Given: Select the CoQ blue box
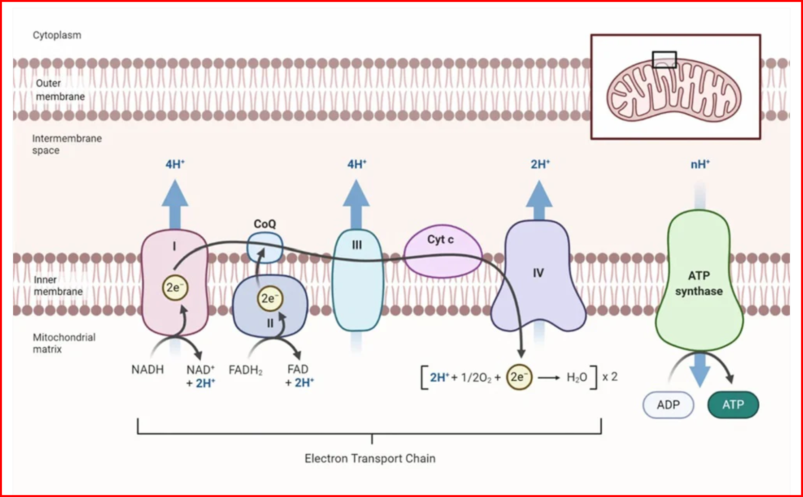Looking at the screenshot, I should click(265, 247).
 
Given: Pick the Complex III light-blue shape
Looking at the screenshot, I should click(357, 282).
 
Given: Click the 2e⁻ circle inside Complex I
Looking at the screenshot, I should click(174, 287).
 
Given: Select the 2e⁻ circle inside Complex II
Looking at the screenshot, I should click(270, 298).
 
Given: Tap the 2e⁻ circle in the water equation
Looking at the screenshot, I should click(519, 377).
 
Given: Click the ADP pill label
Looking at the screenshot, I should click(668, 405).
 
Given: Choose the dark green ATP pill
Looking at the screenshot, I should click(733, 405).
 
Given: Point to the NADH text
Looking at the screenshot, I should click(147, 370).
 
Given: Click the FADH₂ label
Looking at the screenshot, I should click(245, 370).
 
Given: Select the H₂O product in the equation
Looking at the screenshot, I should click(576, 377).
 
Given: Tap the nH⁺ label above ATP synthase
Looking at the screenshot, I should click(700, 164).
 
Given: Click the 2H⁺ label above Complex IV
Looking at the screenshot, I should click(540, 164).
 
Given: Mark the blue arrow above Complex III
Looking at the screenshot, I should click(356, 202).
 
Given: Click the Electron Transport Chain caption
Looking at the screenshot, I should click(370, 458).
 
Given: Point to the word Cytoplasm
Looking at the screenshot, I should click(57, 35).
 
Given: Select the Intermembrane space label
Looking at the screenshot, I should click(67, 144).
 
